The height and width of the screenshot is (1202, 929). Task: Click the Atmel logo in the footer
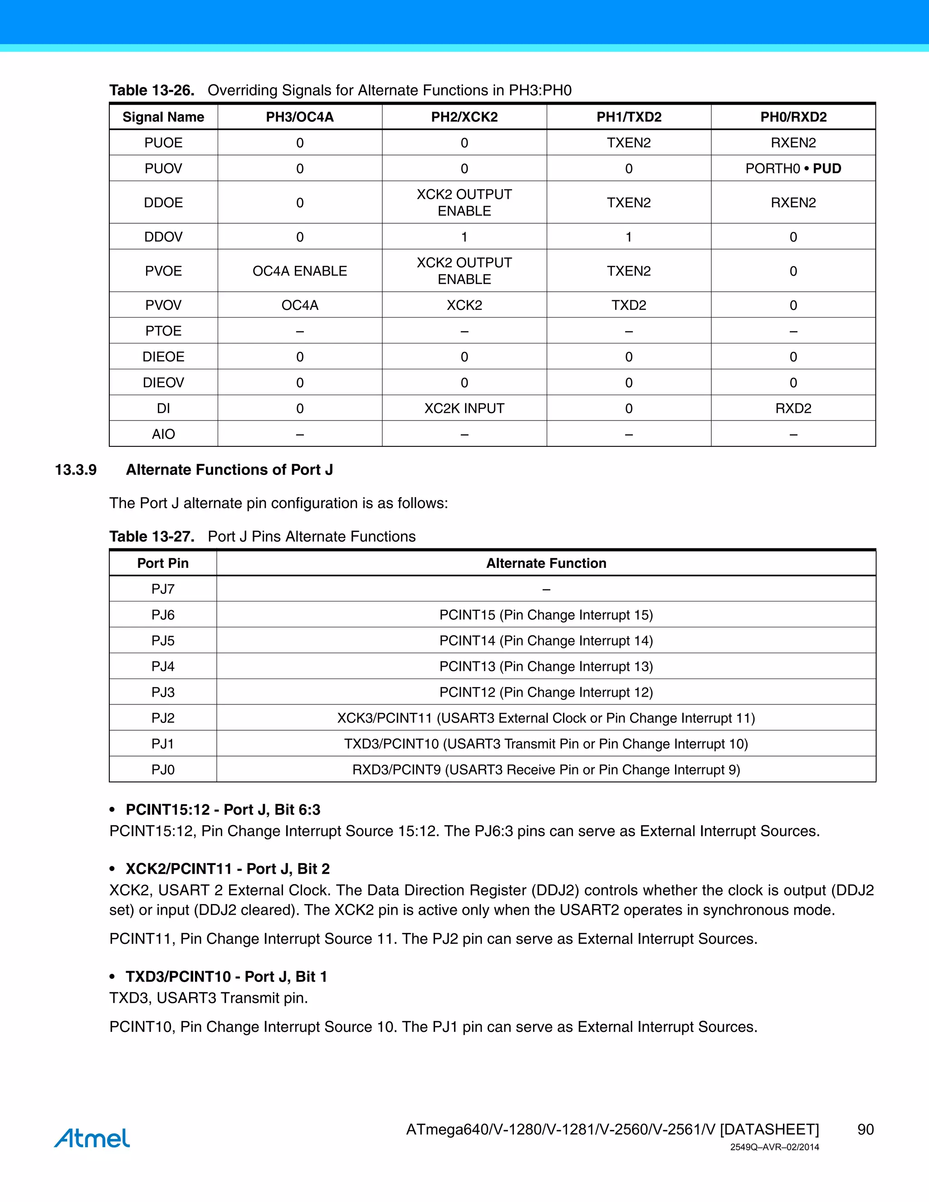pos(92,1138)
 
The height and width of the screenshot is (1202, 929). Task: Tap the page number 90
pos(865,1129)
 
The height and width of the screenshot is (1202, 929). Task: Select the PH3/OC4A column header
pos(299,117)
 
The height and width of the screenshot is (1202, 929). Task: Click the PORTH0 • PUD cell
pos(793,168)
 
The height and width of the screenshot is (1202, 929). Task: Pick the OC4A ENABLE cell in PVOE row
pos(299,271)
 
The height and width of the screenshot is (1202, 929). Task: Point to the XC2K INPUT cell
pos(464,408)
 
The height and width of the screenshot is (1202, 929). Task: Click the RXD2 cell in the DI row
pos(793,408)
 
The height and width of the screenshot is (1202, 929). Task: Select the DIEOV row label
pos(163,382)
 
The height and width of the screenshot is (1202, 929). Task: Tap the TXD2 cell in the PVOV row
pos(629,305)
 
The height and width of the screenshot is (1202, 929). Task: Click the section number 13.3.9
pos(76,470)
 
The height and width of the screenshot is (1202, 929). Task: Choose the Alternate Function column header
pos(546,563)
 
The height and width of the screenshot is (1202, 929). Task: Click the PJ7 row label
pos(163,589)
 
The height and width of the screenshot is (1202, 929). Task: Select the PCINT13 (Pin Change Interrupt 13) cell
pos(546,666)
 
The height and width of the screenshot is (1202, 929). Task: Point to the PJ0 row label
pos(163,769)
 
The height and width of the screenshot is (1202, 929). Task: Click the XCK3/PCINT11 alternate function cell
pos(546,718)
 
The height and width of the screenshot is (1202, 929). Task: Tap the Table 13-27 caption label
pos(152,537)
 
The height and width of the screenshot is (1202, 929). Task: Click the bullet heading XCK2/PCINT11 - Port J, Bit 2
pos(227,869)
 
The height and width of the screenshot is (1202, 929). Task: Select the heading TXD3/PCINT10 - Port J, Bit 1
pos(226,977)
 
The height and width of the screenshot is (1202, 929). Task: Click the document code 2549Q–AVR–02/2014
pos(774,1147)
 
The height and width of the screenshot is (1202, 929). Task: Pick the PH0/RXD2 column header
pos(793,117)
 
